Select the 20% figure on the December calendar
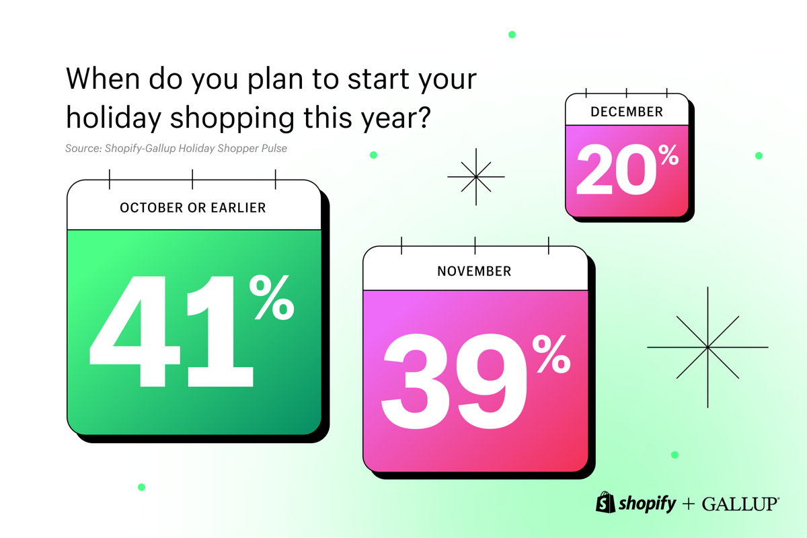pos(627,169)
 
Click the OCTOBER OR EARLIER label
pos(193,208)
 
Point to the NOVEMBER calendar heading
pos(474,271)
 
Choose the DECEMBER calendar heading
pos(627,112)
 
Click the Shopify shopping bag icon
pos(605,502)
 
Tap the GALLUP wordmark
pos(740,504)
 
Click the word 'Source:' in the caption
pos(83,149)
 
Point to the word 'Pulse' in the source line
pos(275,149)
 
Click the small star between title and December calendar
pos(476,177)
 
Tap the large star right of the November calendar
pos(707,348)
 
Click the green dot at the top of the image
pos(512,34)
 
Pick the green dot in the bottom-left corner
pos(142,487)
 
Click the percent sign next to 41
pos(271,297)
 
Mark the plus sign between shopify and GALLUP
pos(689,504)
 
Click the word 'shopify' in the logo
pos(647,504)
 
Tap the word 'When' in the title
pos(103,79)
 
